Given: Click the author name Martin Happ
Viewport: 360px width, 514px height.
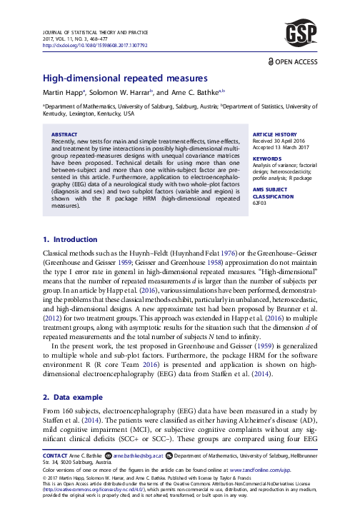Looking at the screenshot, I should point(62,92).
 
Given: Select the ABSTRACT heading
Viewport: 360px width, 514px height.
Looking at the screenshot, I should point(66,134).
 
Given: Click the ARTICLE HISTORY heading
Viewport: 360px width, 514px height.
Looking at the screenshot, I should point(275,134).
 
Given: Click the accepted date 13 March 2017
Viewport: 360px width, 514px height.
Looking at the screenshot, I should point(283,147).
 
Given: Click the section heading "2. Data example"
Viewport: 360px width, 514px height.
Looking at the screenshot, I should point(74,403).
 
